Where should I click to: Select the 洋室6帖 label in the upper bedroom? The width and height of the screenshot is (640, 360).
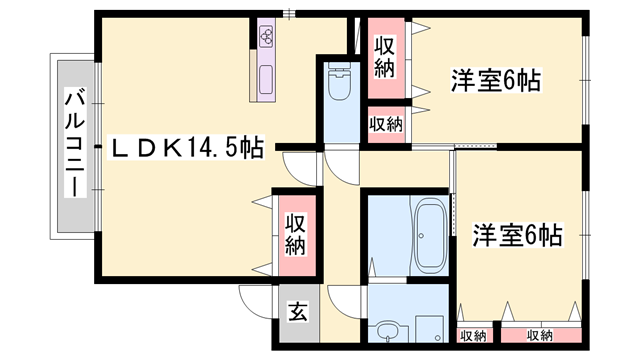[495, 80]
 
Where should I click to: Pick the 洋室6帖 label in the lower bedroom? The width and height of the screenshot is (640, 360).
[516, 236]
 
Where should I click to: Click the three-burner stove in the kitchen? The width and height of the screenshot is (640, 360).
[268, 37]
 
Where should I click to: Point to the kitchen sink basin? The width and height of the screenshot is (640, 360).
[268, 78]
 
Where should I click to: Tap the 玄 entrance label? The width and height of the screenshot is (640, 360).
[298, 311]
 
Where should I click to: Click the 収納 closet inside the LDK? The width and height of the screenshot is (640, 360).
[294, 233]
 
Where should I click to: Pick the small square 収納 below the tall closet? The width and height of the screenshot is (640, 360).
[385, 124]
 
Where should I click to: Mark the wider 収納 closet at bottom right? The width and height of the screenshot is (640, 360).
[539, 335]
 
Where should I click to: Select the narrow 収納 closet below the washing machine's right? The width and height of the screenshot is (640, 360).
[474, 335]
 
